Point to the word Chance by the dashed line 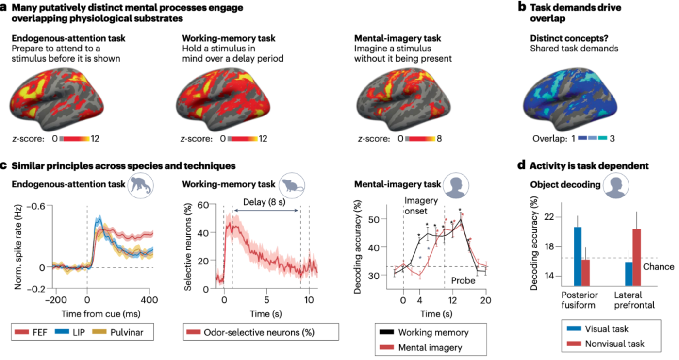pyautogui.click(x=659, y=266)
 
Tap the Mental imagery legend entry pyautogui.click(x=421, y=347)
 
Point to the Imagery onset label pyautogui.click(x=421, y=205)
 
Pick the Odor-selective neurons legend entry pyautogui.click(x=254, y=333)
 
